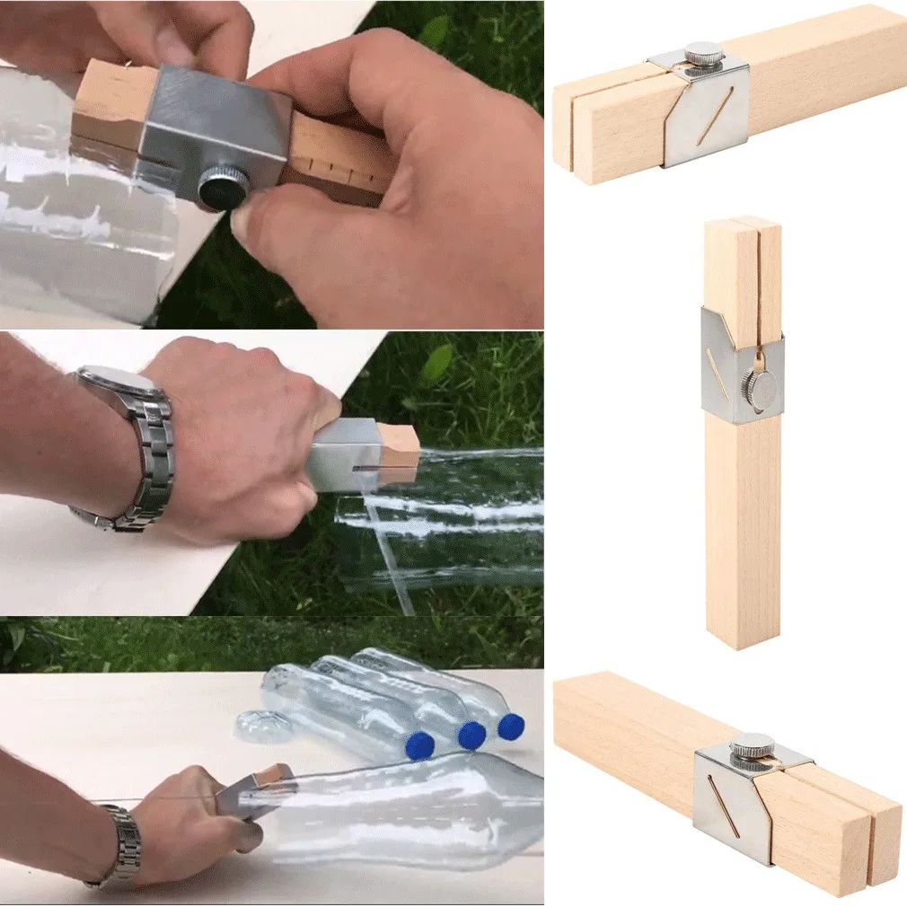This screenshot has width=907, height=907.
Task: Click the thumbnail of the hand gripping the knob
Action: click(269, 162)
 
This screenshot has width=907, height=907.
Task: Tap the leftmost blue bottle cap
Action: click(419, 744)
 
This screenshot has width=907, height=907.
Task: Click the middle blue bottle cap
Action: click(471, 735)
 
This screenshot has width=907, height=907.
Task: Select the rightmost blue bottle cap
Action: click(511, 726)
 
